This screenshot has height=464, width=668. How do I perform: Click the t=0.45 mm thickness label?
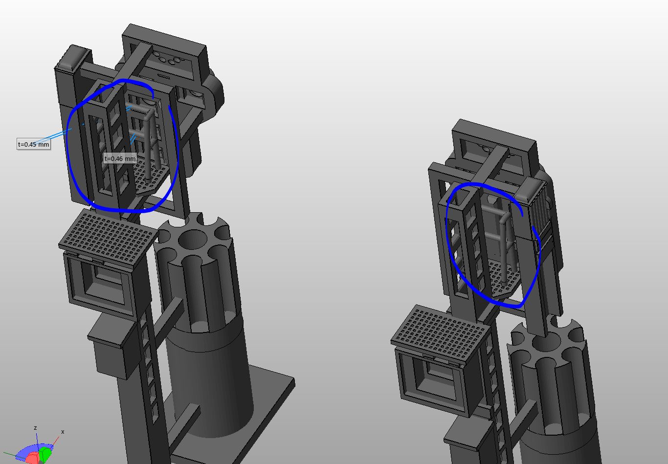click(x=34, y=144)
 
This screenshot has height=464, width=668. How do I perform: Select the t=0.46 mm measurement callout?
click(x=120, y=158)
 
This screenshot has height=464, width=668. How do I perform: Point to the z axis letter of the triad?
click(x=35, y=428)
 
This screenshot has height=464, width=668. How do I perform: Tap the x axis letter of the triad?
click(x=63, y=432)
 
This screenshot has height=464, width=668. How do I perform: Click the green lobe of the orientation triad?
click(x=45, y=453)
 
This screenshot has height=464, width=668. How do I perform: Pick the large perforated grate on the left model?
click(x=108, y=237)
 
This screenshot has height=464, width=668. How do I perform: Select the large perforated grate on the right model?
click(x=441, y=333)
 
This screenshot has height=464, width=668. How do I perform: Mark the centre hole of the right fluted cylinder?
click(x=545, y=342)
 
